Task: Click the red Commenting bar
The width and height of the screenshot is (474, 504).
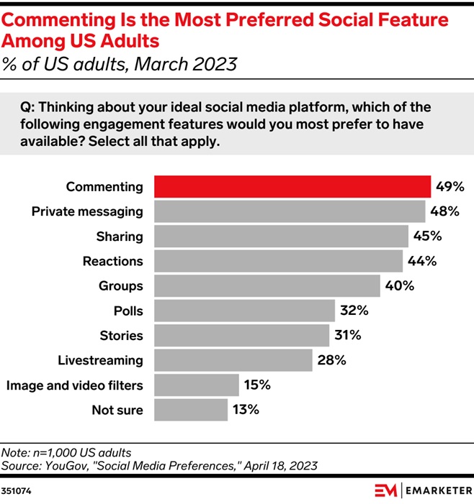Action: coord(292,187)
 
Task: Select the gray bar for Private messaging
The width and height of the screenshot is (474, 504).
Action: coord(289,211)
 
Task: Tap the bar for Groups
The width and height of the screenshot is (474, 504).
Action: coord(267,286)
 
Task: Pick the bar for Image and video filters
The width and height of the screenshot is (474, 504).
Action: coord(196,385)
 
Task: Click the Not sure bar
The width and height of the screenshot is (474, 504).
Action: coord(190,410)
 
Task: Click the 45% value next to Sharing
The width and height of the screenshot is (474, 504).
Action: coord(426,237)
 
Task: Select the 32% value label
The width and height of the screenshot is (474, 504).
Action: coord(354,311)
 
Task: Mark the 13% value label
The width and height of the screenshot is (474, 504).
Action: coord(244,410)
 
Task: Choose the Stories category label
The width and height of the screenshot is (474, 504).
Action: coord(121,336)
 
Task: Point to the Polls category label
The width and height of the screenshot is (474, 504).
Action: coord(128,311)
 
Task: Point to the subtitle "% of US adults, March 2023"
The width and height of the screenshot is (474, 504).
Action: coord(120,65)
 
